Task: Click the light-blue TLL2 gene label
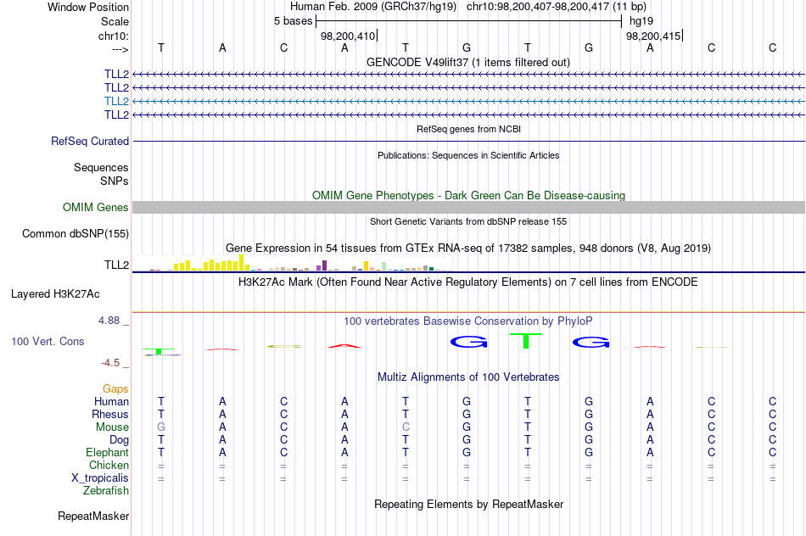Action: [116, 101]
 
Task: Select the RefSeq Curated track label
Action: [90, 141]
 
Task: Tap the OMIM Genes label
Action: [96, 207]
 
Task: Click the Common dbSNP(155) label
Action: [76, 234]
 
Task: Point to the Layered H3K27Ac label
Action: [55, 294]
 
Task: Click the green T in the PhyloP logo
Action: [526, 341]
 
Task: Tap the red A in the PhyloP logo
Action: [344, 346]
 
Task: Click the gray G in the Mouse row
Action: [161, 427]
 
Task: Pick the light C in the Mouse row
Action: [406, 427]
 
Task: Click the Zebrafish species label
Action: [106, 491]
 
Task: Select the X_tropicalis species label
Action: [100, 478]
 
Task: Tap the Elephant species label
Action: [108, 453]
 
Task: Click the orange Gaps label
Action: [115, 389]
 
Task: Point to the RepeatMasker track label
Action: [93, 516]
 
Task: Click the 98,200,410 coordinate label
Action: [348, 36]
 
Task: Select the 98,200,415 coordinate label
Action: [653, 36]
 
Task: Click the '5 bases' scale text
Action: [293, 21]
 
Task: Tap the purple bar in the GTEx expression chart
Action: [324, 265]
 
